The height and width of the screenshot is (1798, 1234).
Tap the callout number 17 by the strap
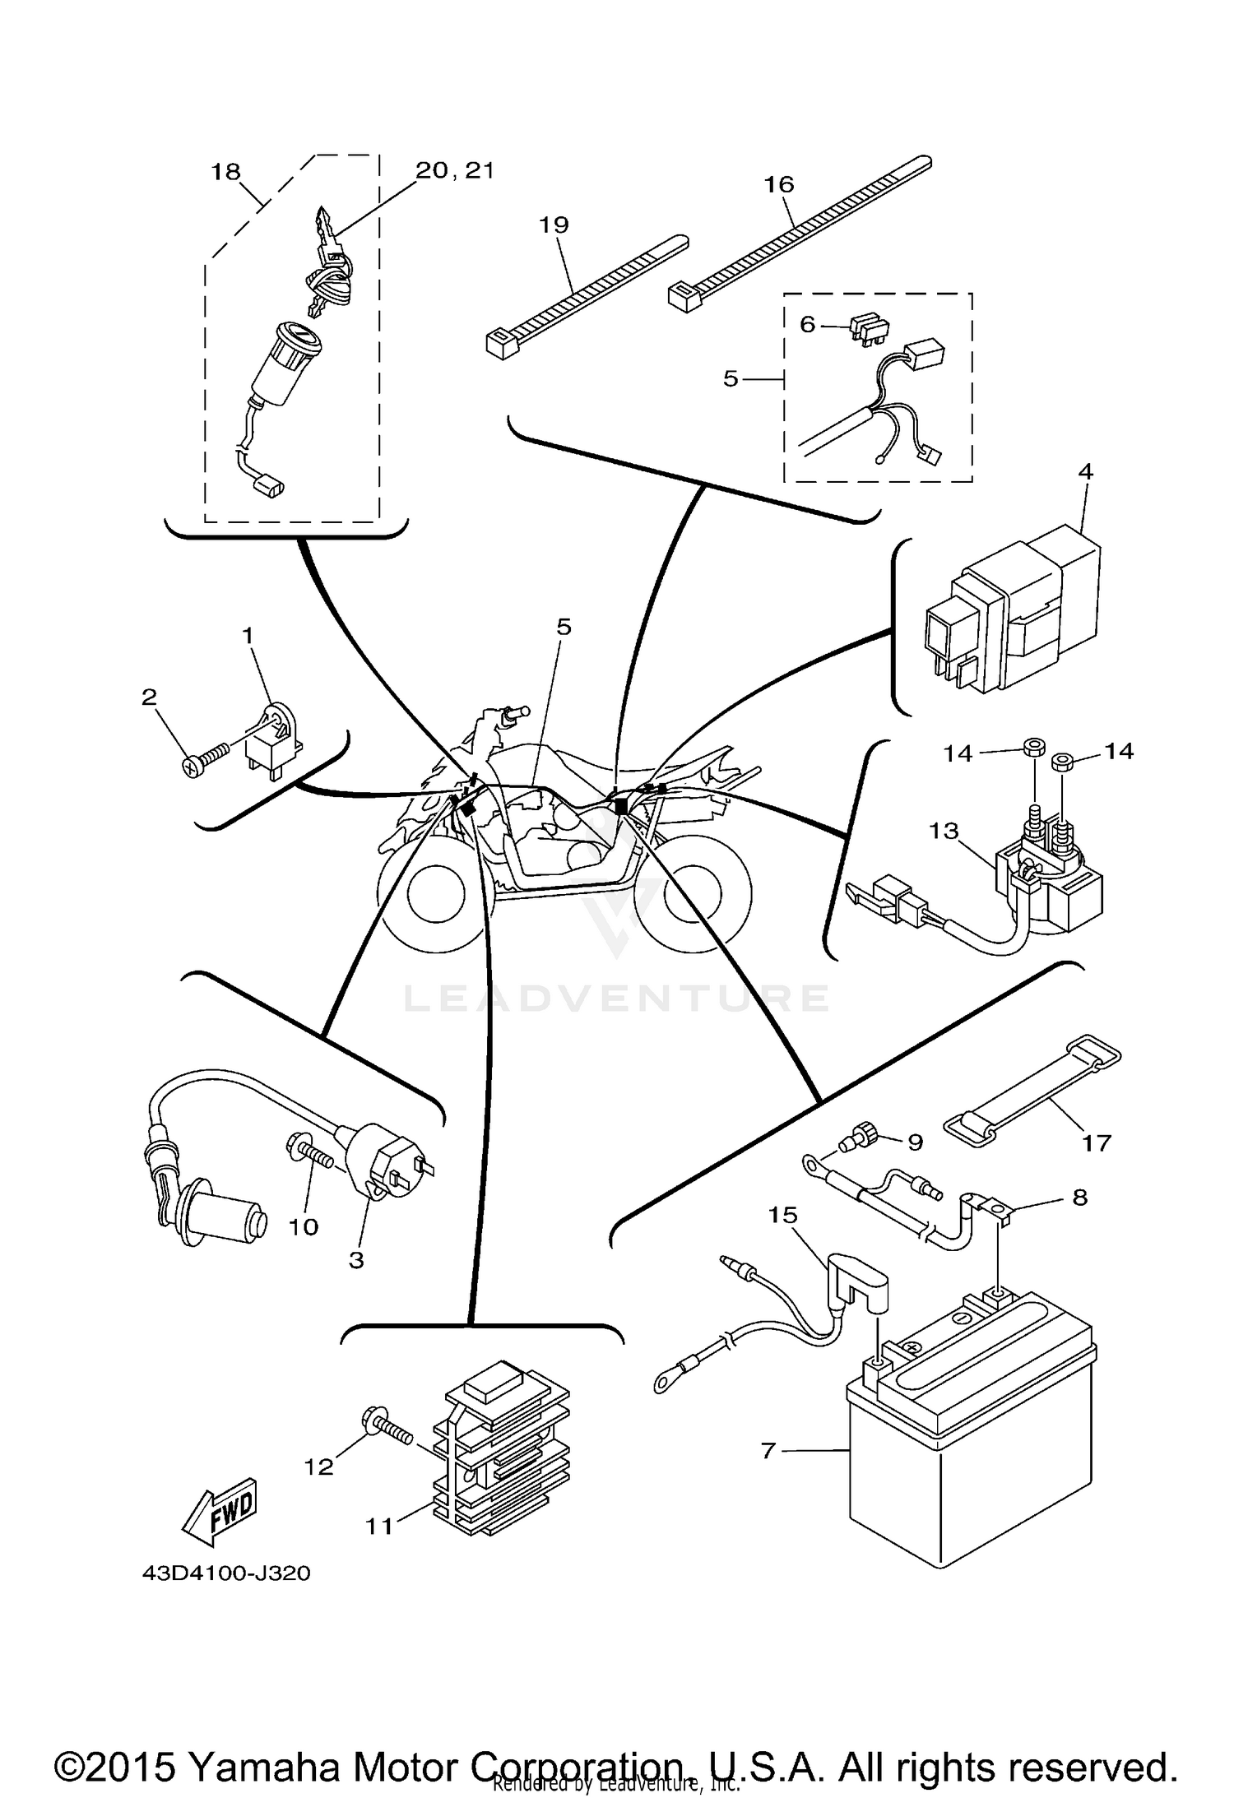pyautogui.click(x=1097, y=1142)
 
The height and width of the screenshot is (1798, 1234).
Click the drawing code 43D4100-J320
pyautogui.click(x=227, y=1573)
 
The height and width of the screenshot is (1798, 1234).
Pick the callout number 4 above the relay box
pyautogui.click(x=1086, y=471)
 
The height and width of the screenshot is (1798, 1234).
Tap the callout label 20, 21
pyautogui.click(x=454, y=170)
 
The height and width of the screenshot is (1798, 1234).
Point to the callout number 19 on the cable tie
pyautogui.click(x=554, y=224)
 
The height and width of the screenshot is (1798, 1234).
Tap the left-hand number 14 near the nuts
pyautogui.click(x=958, y=753)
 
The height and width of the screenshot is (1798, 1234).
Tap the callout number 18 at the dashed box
pyautogui.click(x=225, y=172)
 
